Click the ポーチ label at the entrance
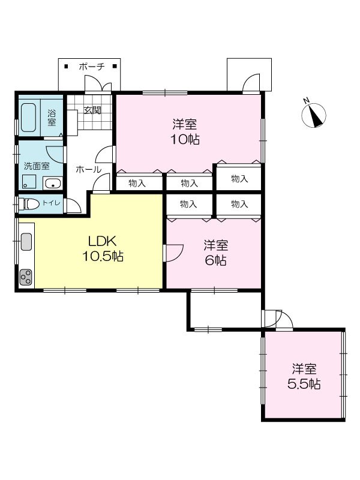pyautogui.click(x=92, y=66)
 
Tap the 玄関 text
pyautogui.click(x=92, y=110)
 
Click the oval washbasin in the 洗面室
pyautogui.click(x=52, y=184)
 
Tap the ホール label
pyautogui.click(x=88, y=170)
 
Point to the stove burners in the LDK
pyautogui.click(x=26, y=277)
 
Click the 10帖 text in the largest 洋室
pyautogui.click(x=185, y=140)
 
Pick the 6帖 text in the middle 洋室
pyautogui.click(x=215, y=260)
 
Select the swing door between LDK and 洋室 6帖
pyautogui.click(x=173, y=253)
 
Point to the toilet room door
pyautogui.click(x=74, y=207)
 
